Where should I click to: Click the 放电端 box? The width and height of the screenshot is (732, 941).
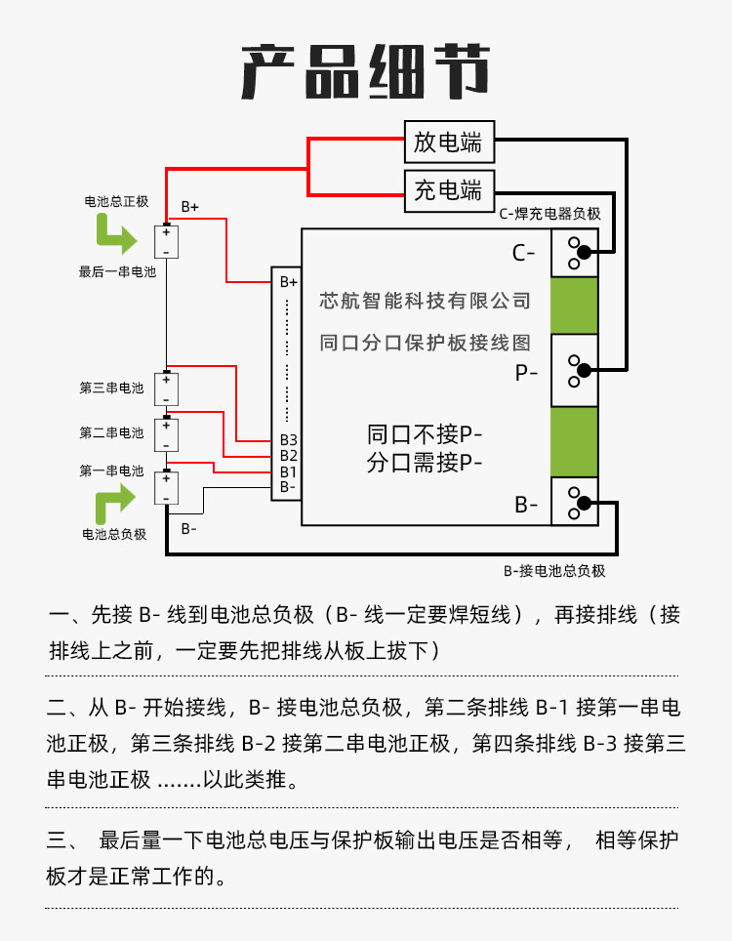tap(449, 143)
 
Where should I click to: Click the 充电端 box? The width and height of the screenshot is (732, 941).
tap(449, 189)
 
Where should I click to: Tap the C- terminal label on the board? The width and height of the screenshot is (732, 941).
tap(524, 254)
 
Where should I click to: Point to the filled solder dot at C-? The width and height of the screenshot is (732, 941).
tap(583, 255)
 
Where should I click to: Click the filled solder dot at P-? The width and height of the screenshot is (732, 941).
tap(583, 370)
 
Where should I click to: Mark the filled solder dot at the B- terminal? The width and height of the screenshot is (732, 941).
tap(583, 504)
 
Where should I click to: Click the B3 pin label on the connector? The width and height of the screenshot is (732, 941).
tap(288, 440)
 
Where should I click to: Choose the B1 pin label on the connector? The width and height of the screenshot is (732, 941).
tap(288, 471)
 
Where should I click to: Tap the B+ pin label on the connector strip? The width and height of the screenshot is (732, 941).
tap(288, 282)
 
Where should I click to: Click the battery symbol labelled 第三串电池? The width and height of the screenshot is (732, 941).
tap(167, 389)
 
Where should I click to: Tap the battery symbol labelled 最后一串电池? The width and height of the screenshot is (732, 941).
tap(167, 241)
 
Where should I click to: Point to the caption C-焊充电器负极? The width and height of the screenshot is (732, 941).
tap(549, 214)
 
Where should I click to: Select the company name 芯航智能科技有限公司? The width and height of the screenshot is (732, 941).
tap(426, 302)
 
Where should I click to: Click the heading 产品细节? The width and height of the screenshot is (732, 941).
tap(365, 71)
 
